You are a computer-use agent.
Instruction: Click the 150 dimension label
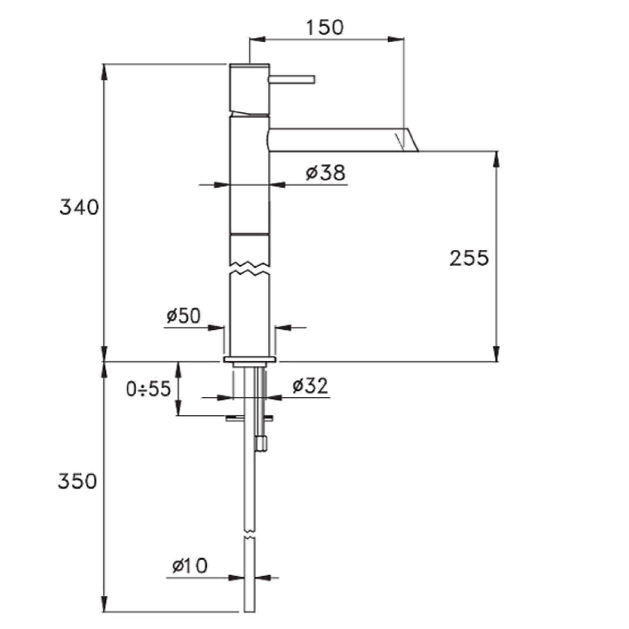(325, 27)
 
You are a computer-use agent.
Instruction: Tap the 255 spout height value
(469, 258)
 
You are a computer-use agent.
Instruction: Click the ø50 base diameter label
(184, 316)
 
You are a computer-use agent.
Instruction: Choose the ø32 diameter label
(310, 386)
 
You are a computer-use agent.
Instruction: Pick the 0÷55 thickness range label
(148, 389)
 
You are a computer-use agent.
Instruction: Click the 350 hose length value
(77, 481)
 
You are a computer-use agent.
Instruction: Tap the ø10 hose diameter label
(190, 566)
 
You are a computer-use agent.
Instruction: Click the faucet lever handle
(292, 79)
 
